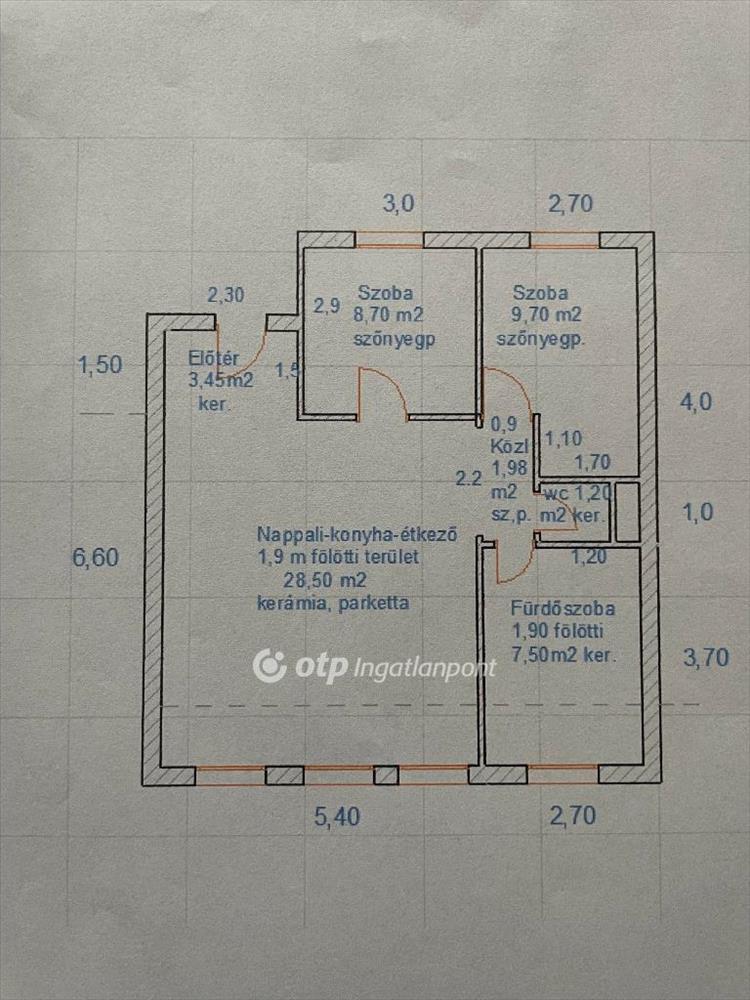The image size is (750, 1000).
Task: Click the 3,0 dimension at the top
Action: coord(398,205)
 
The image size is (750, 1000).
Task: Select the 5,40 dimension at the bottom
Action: coord(337,817)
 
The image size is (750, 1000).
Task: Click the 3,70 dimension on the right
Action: coord(704,657)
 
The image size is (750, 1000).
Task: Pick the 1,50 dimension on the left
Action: coord(100,365)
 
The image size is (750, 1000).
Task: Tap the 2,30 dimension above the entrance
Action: coord(225,295)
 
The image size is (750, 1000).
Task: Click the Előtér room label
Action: coord(210,359)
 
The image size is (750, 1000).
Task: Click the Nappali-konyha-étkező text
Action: coord(357,534)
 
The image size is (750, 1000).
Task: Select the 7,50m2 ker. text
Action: coord(562,655)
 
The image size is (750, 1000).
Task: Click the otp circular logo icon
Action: coord(270,665)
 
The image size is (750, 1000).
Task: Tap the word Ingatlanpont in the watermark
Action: coord(425,667)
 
